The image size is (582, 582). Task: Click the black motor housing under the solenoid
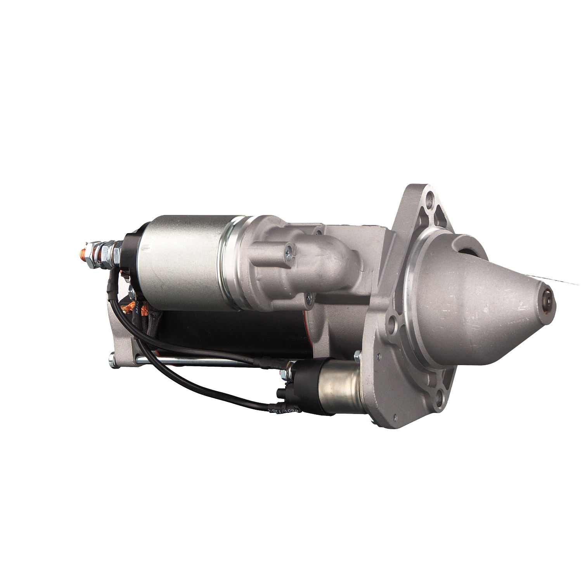tap(233, 330)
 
